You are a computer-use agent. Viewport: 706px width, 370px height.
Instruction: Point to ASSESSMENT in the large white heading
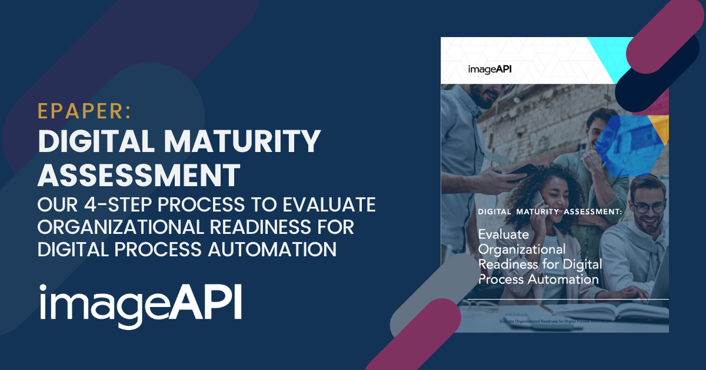tap(139, 174)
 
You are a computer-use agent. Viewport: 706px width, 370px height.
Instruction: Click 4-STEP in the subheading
tap(120, 205)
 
